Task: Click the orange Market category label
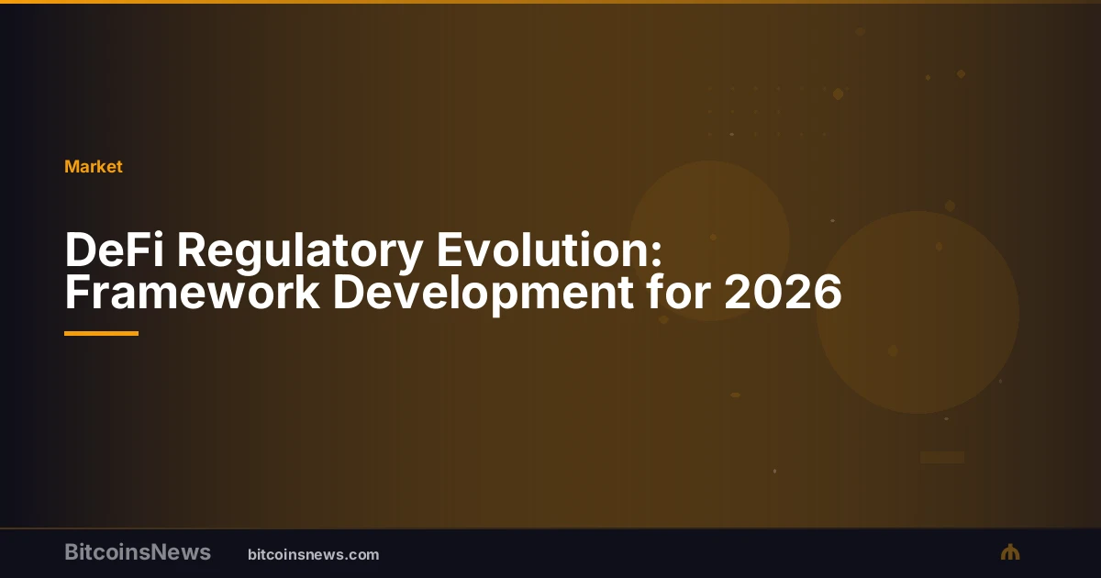pos(94,167)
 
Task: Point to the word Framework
pos(192,293)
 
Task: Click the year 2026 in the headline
pos(783,293)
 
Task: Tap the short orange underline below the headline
pos(101,333)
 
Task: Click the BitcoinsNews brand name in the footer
pos(138,552)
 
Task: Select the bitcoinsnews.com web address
pos(314,555)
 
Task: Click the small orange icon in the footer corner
pos(1010,552)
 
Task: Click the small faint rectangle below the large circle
pos(941,457)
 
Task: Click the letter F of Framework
pos(77,293)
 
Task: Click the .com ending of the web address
pos(361,555)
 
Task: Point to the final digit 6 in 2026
pos(828,293)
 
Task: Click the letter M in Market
pos(72,167)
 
